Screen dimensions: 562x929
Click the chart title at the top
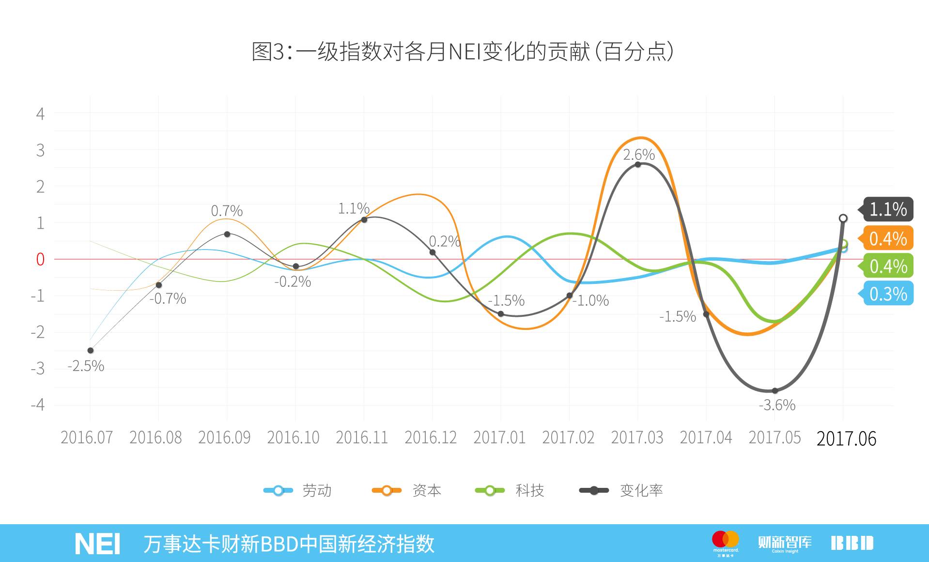pyautogui.click(x=463, y=51)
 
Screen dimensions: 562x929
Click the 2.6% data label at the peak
pyautogui.click(x=638, y=155)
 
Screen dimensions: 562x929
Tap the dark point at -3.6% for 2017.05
pyautogui.click(x=774, y=390)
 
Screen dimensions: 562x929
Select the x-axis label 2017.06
pyautogui.click(x=846, y=438)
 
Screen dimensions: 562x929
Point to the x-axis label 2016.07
pyautogui.click(x=86, y=437)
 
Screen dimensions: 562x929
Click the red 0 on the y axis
pyautogui.click(x=40, y=259)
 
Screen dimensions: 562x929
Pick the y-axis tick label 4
pyautogui.click(x=40, y=114)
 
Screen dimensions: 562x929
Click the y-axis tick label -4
pyautogui.click(x=38, y=405)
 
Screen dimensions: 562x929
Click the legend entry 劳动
pyautogui.click(x=298, y=490)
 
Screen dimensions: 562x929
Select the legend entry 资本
pyautogui.click(x=407, y=490)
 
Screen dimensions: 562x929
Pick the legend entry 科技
pyautogui.click(x=510, y=490)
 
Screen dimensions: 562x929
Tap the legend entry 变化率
pyautogui.click(x=621, y=490)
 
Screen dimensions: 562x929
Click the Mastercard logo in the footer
pyautogui.click(x=725, y=542)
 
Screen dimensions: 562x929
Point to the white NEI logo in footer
pyautogui.click(x=97, y=544)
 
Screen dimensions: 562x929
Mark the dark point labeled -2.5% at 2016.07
pyautogui.click(x=91, y=350)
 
